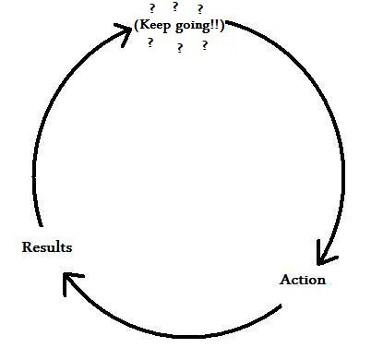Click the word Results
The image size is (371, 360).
pos(47,247)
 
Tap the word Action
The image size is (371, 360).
pos(303,280)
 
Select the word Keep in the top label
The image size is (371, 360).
pos(155,26)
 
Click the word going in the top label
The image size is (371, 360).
pos(194,26)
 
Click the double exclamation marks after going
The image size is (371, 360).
pos(216,25)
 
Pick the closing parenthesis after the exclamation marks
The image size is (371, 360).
pos(223,26)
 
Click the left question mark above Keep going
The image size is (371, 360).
pos(150,8)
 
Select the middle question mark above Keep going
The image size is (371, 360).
pos(174,7)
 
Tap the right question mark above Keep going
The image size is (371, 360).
pos(200,9)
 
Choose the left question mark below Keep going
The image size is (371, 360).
pos(150,42)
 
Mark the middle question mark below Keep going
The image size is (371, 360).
pos(178,46)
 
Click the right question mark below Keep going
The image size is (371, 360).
pos(204,43)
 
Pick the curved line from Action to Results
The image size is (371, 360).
pos(175,336)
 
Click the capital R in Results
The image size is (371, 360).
pos(28,247)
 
